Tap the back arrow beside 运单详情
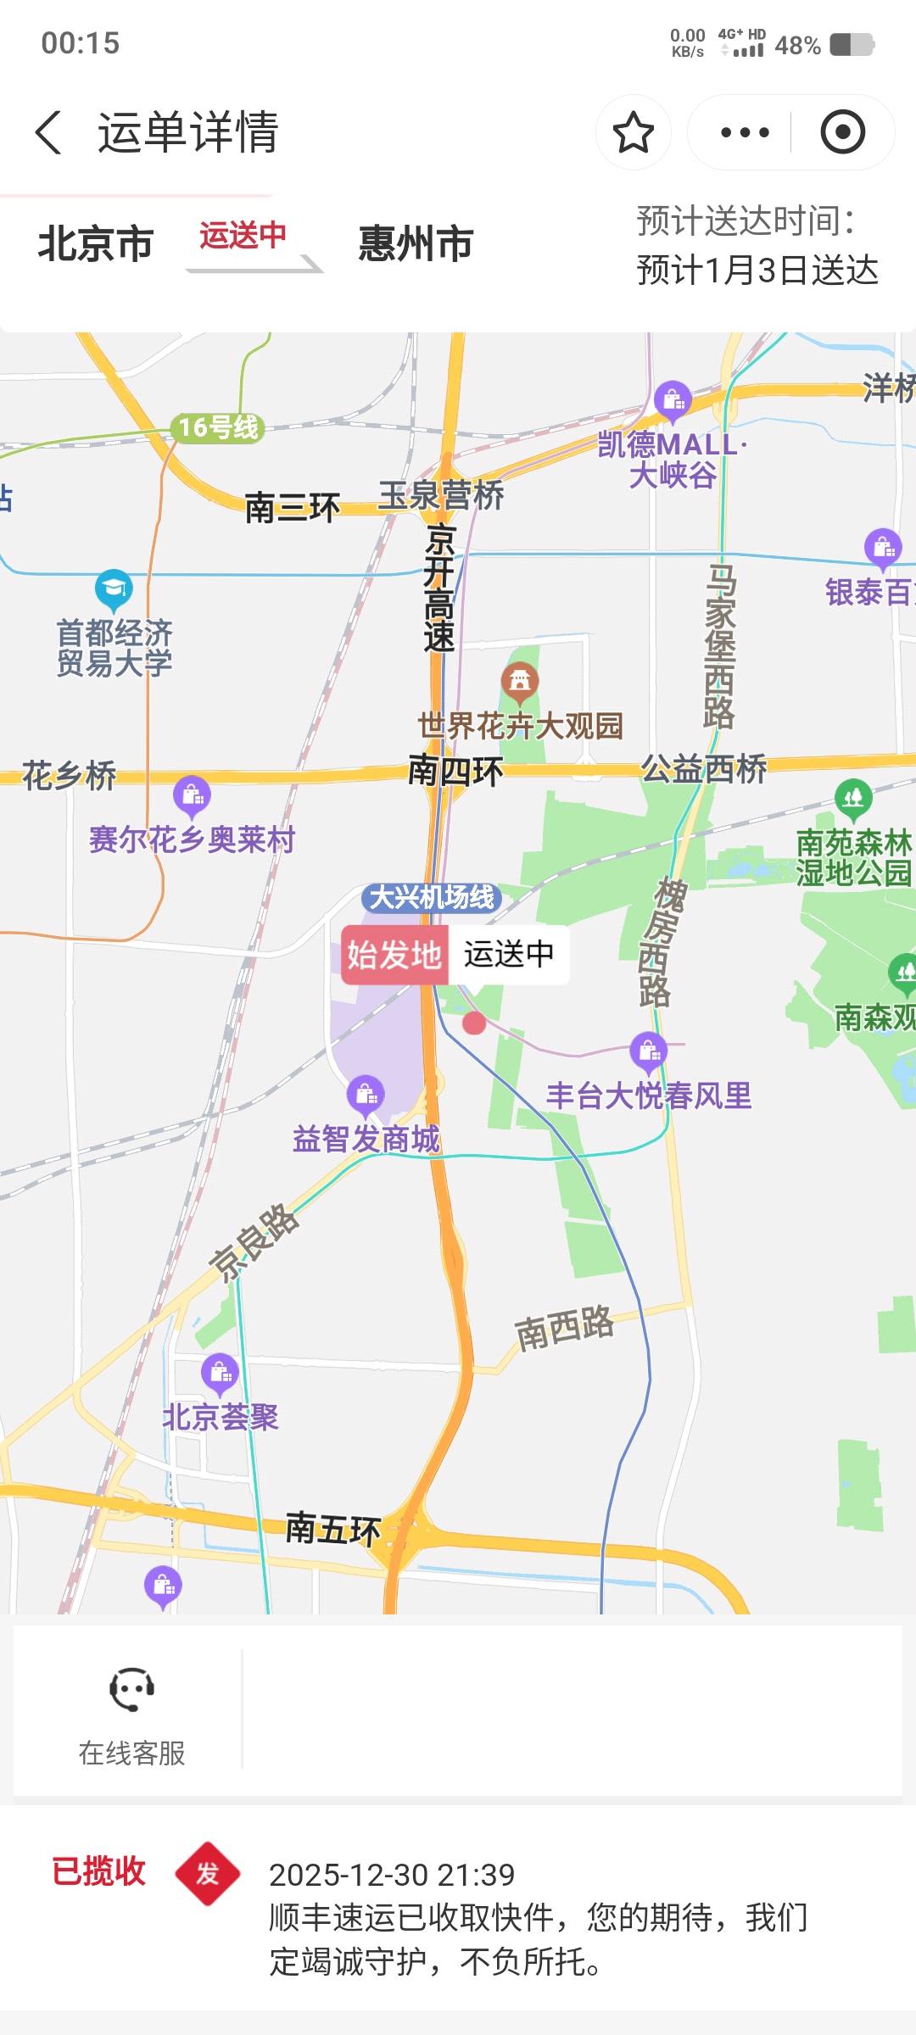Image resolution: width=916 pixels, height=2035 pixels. pos(49,132)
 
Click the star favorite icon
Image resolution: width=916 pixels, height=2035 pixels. pos(633,132)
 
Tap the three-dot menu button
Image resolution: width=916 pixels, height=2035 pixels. pos(744,132)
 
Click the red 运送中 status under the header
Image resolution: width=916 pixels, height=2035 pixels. pos(243,235)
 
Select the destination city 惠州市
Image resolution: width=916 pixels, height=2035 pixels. pos(416,243)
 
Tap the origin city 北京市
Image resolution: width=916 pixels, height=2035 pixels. pos(95,243)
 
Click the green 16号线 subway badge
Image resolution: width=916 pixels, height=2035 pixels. pos(218,427)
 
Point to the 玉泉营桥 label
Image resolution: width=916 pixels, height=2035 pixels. pos(441,496)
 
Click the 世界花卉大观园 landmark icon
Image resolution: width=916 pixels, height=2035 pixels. pos(520,681)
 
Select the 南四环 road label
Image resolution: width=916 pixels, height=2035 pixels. pos(455,771)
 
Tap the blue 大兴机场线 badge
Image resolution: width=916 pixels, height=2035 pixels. pos(432,897)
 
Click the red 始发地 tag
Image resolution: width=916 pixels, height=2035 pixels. pos(394,955)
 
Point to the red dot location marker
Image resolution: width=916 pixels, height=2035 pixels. pos(474,1023)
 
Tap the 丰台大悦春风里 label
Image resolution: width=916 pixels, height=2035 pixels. pos(649,1096)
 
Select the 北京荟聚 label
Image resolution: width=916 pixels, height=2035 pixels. pos(221,1417)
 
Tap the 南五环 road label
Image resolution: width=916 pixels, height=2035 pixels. pos(332,1529)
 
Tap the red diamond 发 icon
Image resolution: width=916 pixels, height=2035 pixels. pos(208,1874)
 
